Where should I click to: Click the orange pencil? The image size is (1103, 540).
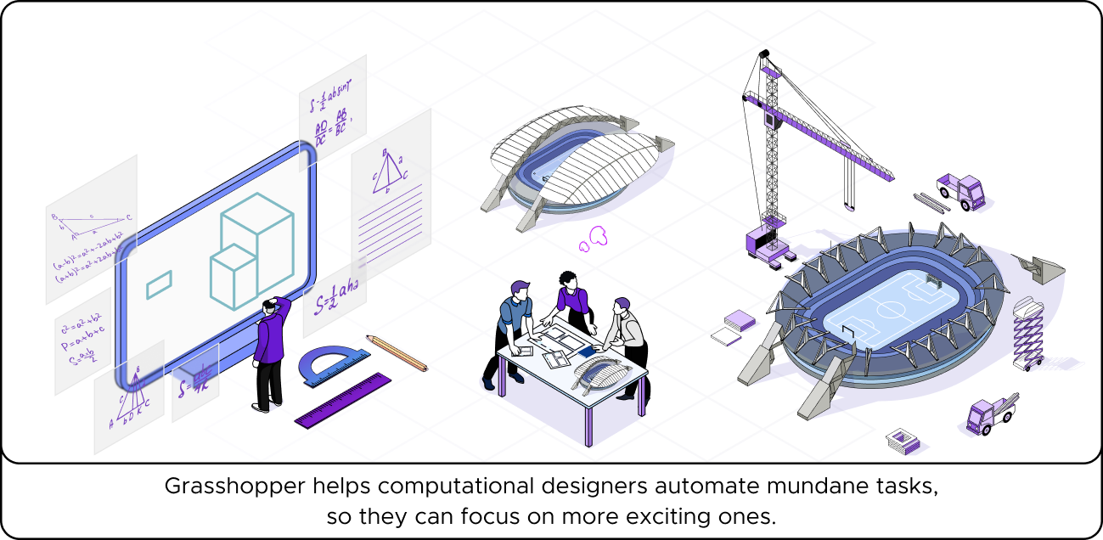click(x=397, y=352)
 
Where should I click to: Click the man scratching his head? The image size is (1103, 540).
click(x=272, y=352)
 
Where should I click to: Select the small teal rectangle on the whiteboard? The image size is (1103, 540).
click(x=159, y=284)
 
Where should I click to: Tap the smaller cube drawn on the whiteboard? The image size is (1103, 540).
click(x=233, y=275)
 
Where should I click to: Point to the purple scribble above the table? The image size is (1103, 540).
click(x=594, y=238)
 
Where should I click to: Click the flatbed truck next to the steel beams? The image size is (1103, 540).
click(x=960, y=192)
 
